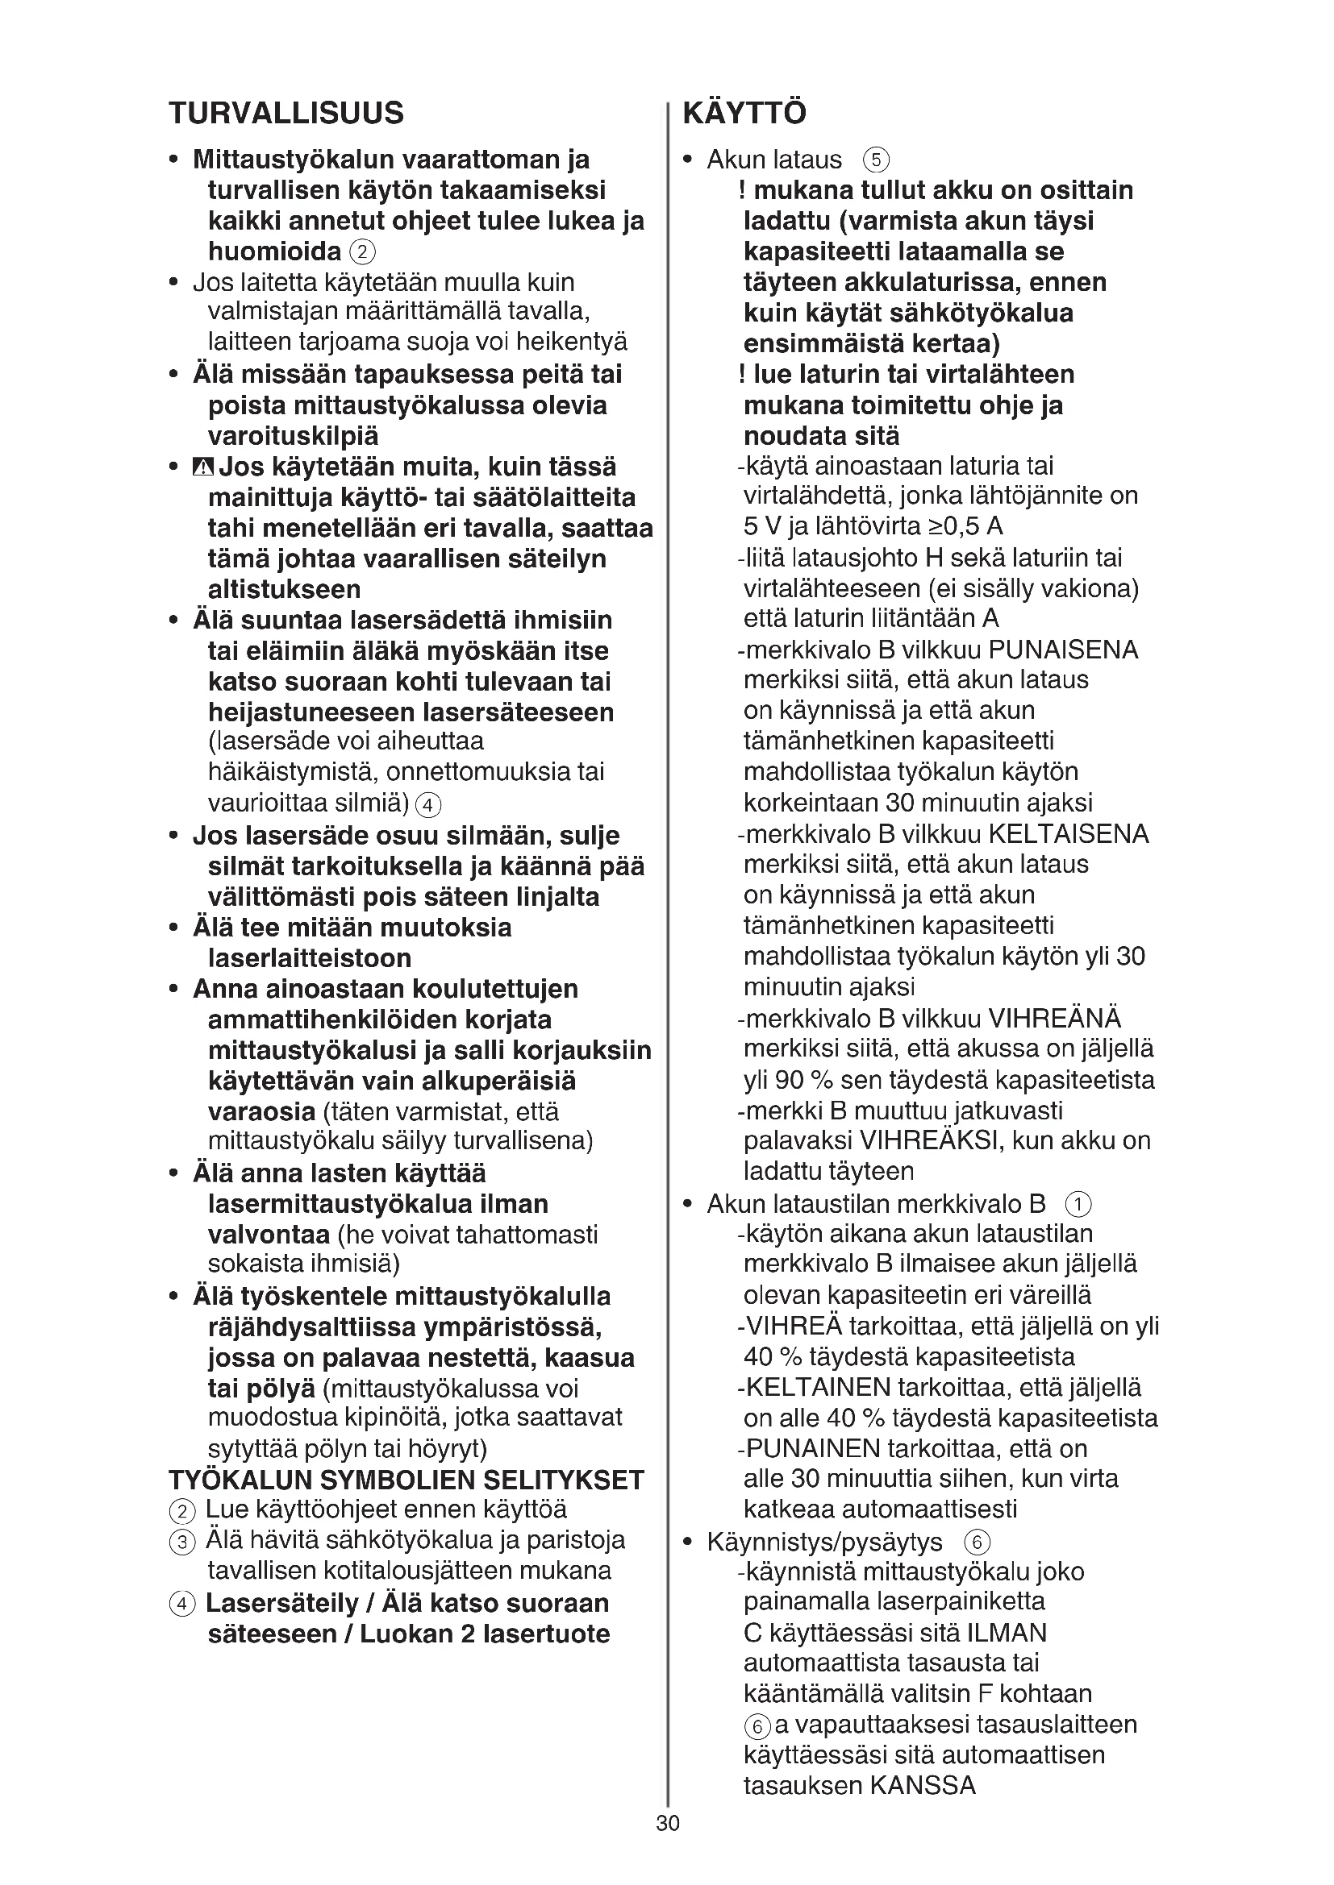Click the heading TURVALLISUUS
coord(286,114)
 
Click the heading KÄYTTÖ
coord(744,114)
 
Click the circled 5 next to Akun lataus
coord(877,160)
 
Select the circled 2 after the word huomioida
coord(362,252)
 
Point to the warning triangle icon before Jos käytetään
coord(203,468)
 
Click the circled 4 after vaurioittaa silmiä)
coord(428,803)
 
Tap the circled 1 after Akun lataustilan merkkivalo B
coord(1078,1205)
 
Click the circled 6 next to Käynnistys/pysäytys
coord(977,1542)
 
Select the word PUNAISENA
coord(1063,650)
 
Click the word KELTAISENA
coord(1068,834)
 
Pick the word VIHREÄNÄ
coord(1054,1019)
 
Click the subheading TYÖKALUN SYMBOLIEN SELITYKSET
coord(406,1480)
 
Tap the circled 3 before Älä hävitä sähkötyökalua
coord(182,1542)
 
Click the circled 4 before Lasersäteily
coord(182,1604)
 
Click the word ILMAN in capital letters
coord(1007,1633)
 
